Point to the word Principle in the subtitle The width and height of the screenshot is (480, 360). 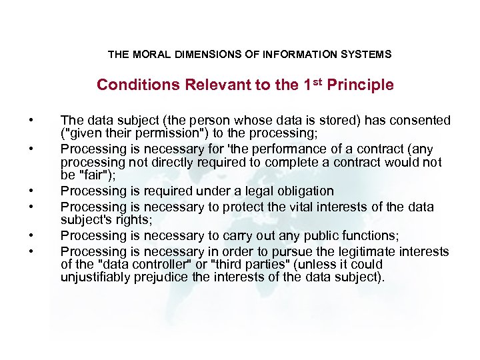tap(361, 85)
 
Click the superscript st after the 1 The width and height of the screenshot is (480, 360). tap(318, 82)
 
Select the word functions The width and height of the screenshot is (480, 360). tap(361, 235)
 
